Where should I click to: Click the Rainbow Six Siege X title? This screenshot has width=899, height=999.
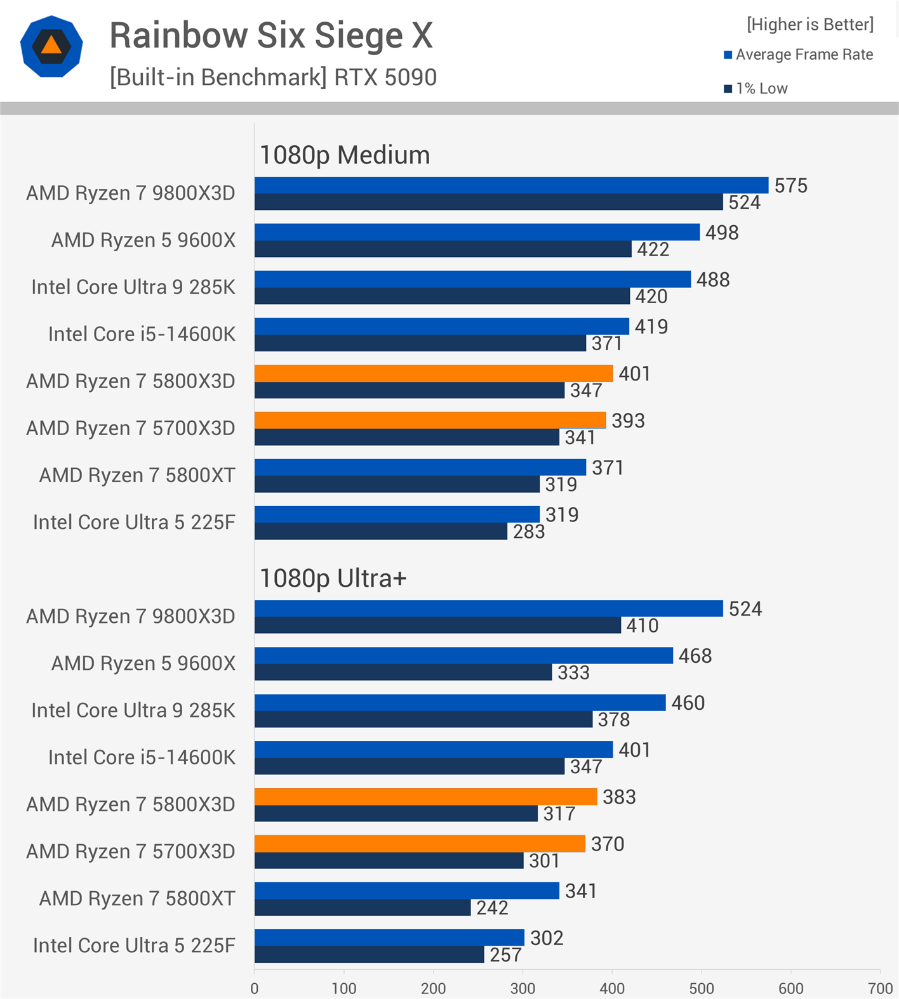(x=271, y=36)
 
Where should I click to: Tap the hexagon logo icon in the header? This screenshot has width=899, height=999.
(x=51, y=46)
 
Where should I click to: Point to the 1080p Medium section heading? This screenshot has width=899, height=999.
(x=345, y=155)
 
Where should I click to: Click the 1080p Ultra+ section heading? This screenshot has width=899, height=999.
(x=333, y=578)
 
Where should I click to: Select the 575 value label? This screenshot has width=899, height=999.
(x=790, y=186)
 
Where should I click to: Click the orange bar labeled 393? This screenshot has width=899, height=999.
(x=430, y=421)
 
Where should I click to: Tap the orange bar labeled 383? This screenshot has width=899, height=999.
(x=425, y=797)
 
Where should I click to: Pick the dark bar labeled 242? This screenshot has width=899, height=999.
(x=363, y=908)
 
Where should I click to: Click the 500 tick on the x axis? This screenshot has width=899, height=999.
(x=702, y=988)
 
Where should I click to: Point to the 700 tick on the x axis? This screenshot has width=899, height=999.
(x=880, y=988)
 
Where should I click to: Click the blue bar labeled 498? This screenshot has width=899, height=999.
(x=477, y=232)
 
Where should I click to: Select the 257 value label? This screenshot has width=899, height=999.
(x=505, y=955)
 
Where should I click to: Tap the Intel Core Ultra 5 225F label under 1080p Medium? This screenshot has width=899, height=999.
(x=134, y=523)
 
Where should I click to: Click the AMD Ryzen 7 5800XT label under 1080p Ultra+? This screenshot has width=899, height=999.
(x=137, y=899)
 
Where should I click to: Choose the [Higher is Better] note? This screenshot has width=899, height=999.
(x=810, y=25)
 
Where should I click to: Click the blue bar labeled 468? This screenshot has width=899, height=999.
(x=463, y=655)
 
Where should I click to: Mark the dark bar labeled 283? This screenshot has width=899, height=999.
(x=381, y=532)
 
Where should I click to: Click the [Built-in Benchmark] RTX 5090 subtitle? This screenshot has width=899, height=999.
(x=273, y=77)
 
